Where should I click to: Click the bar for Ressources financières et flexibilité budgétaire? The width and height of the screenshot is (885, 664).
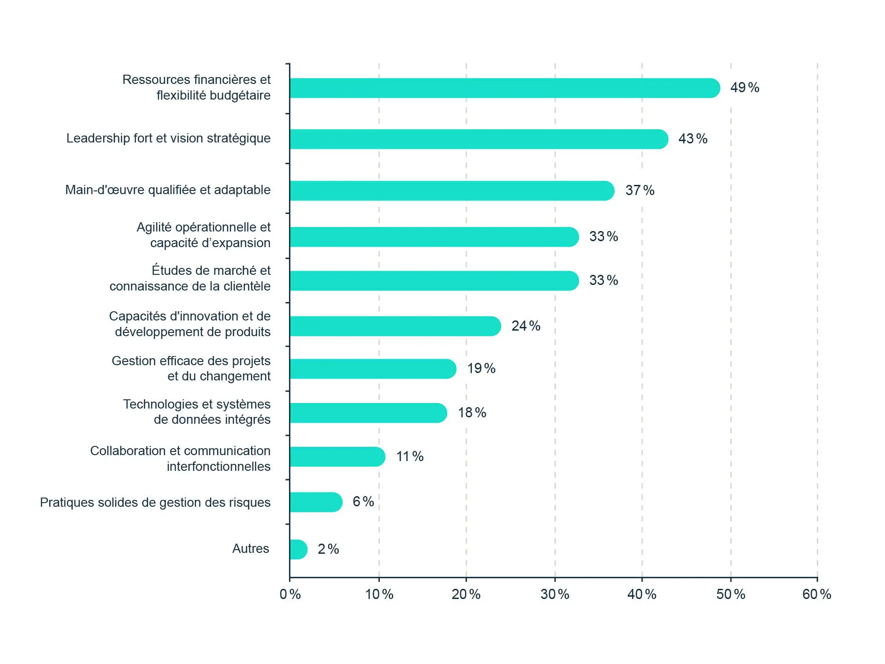505,88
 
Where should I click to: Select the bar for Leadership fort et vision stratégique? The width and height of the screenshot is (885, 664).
478,139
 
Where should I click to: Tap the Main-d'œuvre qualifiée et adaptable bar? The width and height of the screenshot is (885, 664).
452,191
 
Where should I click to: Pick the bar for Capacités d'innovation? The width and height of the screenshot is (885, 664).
395,326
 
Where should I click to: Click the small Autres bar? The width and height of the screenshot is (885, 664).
298,549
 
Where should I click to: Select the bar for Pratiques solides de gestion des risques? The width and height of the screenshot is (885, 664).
316,502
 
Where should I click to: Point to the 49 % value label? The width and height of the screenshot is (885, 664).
744,88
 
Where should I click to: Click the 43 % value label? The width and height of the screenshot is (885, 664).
692,139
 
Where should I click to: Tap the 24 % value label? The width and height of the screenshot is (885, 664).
525,326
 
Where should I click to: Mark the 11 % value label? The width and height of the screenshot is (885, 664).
409,456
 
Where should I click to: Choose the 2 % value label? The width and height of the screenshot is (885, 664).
328,549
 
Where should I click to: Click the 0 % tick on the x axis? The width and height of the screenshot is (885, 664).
290,594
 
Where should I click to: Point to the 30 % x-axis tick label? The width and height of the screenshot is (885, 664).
555,594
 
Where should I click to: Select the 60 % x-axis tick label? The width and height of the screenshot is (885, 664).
816,594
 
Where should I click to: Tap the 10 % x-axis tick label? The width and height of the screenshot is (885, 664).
379,594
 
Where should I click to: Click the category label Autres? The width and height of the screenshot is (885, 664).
250,549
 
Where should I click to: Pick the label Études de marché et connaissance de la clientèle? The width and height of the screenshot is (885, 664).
190,278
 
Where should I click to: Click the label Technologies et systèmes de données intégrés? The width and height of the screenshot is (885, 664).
197,412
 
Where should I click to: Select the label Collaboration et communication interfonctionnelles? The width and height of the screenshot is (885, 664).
180,458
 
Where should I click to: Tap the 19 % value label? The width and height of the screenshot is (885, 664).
481,368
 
